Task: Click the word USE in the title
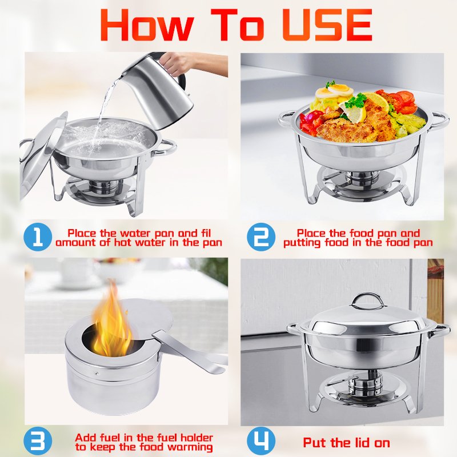click(x=327, y=25)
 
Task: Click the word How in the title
click(x=147, y=25)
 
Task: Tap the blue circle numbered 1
click(x=38, y=237)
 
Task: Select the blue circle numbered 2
click(x=261, y=237)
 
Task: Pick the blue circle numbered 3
click(x=38, y=441)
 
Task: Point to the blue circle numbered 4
click(x=261, y=441)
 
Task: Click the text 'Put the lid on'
click(x=347, y=443)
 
